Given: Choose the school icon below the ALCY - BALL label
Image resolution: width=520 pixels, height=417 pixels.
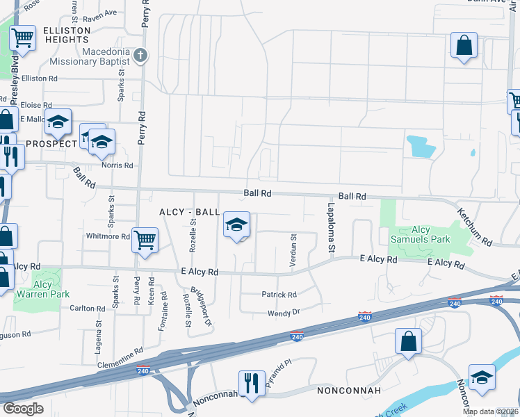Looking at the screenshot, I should pos(236,225).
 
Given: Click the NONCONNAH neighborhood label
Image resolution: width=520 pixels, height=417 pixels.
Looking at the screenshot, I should pos(349,390).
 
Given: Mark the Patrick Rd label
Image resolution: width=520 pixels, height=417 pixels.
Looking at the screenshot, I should pos(279,295).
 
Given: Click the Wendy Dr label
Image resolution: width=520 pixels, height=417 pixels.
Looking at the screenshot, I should pos(284,313).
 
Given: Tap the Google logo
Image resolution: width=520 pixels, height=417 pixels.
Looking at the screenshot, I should pos(23,409).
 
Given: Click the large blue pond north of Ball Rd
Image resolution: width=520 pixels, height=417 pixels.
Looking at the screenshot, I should pos(420,146).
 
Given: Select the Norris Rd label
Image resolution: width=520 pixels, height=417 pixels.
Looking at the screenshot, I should pos(117,165).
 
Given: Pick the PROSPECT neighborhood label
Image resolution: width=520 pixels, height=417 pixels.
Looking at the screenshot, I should pos(51,144).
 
